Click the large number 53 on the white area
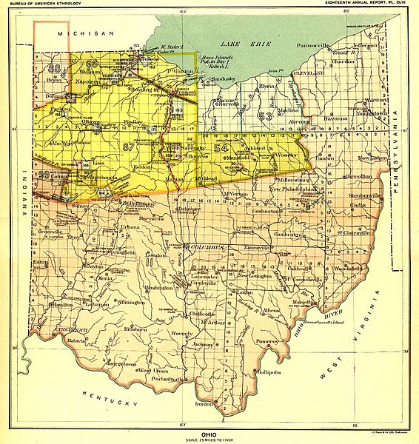tap(266, 115)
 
